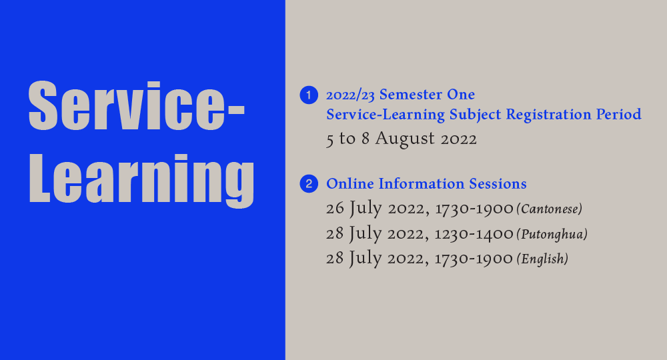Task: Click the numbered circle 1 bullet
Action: [x=308, y=95]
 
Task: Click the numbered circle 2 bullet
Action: [x=308, y=184]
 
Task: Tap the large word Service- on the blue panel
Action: [x=137, y=107]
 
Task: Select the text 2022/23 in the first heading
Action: [x=351, y=95]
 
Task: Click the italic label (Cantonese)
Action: [x=550, y=209]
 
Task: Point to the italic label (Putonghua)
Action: [x=552, y=234]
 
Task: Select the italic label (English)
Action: [x=542, y=259]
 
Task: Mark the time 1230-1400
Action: [x=474, y=234]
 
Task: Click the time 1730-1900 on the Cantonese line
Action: [x=474, y=209]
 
